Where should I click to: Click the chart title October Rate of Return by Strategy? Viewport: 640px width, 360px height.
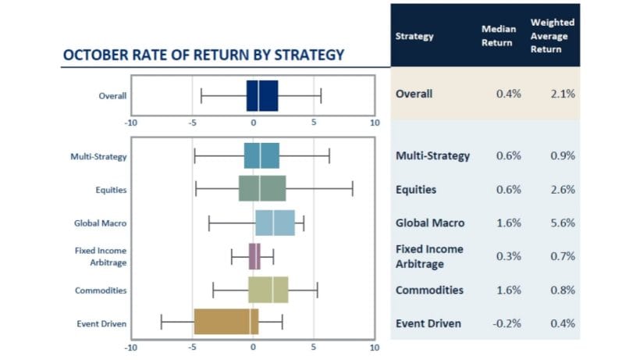point(203,55)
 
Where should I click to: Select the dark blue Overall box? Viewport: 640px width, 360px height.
point(262,96)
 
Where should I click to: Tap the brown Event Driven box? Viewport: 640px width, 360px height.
point(226,323)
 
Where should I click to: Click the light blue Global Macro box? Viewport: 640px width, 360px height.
point(275,223)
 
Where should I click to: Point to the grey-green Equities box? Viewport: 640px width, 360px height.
point(262,189)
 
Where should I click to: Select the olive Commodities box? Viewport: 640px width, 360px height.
point(268,289)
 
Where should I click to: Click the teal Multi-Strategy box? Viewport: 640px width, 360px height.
point(261,155)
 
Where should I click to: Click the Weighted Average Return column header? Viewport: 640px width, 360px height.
point(552,35)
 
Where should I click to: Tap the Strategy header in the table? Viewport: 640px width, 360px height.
point(415,35)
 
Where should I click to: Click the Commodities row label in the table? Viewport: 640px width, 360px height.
point(429,290)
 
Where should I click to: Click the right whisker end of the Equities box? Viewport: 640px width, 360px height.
point(353,189)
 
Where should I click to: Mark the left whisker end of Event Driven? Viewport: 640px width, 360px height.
point(162,323)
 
